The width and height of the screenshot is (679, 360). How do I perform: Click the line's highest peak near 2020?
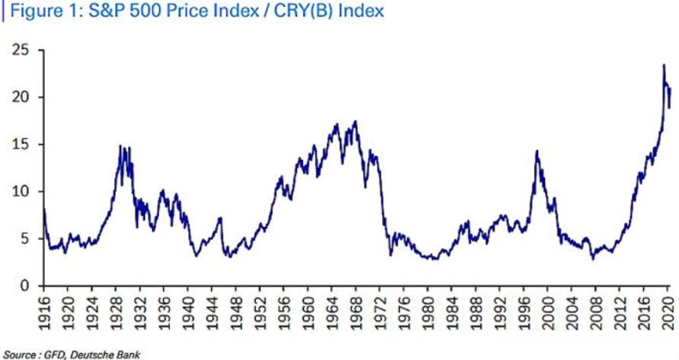point(663,65)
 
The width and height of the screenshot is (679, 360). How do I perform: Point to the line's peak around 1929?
point(121,146)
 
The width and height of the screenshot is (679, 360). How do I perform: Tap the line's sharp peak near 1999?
point(536,150)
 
